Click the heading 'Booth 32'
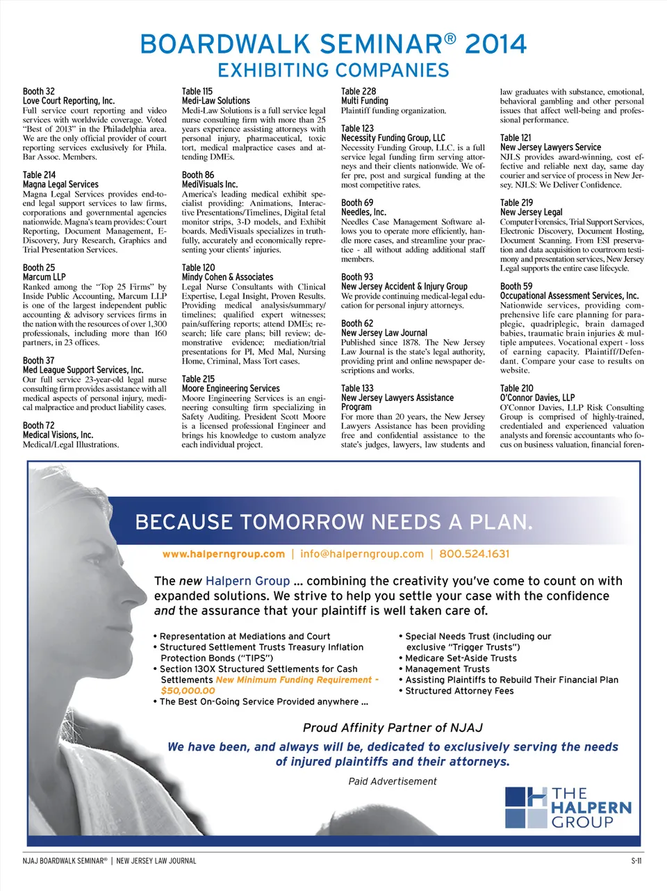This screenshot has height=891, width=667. (38, 91)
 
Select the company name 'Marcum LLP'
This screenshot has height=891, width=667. (44, 277)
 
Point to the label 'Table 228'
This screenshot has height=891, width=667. (359, 91)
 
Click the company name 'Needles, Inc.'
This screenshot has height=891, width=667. (363, 212)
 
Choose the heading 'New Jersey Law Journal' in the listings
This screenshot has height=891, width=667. (384, 333)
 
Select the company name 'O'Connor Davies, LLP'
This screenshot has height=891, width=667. (537, 398)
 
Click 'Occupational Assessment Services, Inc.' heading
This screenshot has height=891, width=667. (569, 295)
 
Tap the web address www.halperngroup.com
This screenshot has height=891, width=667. (223, 554)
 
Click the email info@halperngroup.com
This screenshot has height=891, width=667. (361, 554)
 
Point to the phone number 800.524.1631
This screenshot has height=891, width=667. (474, 554)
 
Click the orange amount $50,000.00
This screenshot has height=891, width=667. (188, 691)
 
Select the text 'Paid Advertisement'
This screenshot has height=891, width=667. (393, 781)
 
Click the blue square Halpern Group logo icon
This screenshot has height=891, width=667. (526, 807)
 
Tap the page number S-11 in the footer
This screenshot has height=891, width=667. (636, 860)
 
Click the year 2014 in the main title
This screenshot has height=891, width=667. (495, 44)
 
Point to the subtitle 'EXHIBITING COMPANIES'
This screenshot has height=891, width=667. (333, 70)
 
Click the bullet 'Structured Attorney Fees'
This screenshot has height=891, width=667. (459, 691)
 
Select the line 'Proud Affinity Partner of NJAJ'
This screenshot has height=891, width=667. (393, 728)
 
